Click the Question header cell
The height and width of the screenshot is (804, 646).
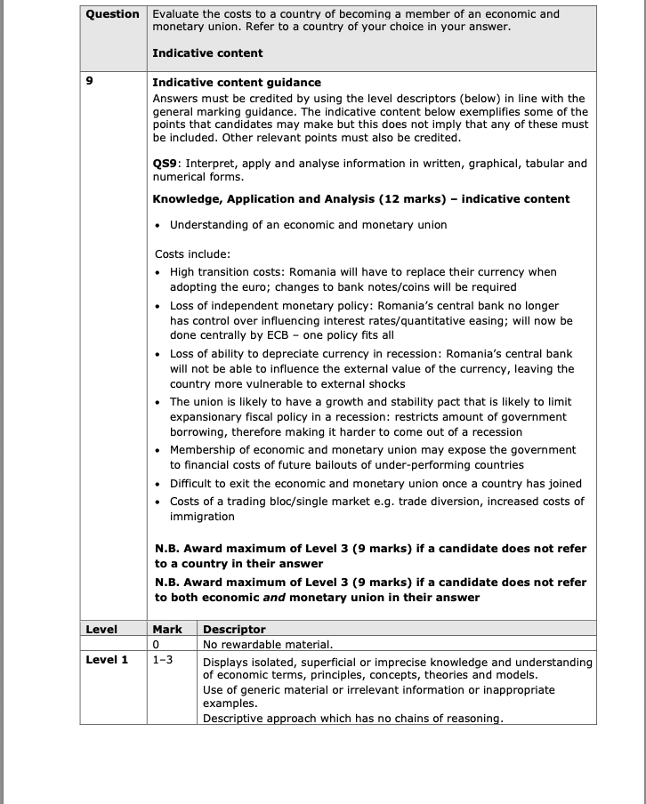click(112, 14)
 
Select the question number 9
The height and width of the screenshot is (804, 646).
click(88, 83)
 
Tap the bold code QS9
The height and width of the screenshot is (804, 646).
click(166, 164)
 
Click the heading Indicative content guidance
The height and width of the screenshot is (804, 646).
click(237, 83)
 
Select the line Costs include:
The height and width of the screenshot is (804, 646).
click(192, 253)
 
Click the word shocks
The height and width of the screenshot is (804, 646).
click(384, 384)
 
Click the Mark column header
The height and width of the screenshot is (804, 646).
click(167, 629)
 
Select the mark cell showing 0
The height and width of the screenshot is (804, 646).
click(156, 644)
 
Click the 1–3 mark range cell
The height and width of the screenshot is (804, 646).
click(162, 660)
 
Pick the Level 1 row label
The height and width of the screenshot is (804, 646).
click(107, 660)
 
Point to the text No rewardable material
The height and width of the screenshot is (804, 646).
click(268, 644)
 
